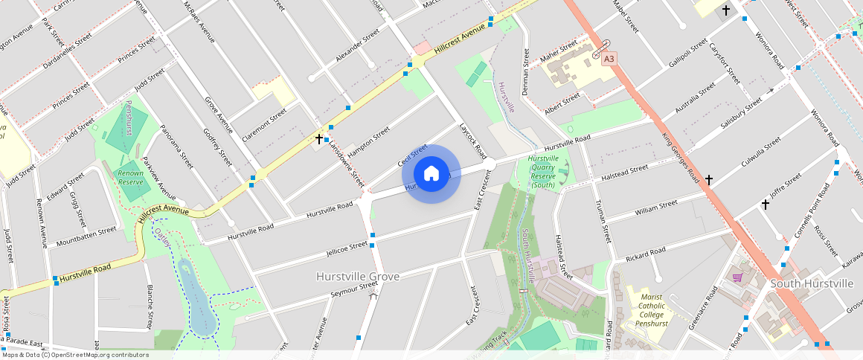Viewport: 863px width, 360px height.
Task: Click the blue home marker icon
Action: (x=431, y=174)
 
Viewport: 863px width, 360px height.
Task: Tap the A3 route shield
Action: (x=609, y=58)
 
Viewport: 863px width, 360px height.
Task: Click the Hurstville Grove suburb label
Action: (x=358, y=277)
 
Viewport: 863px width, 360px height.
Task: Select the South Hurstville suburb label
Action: (x=812, y=283)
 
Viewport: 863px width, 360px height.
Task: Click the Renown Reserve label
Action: (x=131, y=177)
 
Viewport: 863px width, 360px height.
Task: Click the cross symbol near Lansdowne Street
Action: (x=319, y=138)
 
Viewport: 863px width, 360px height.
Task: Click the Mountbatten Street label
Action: (x=86, y=236)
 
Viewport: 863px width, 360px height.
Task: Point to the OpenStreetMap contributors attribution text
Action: (x=74, y=355)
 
